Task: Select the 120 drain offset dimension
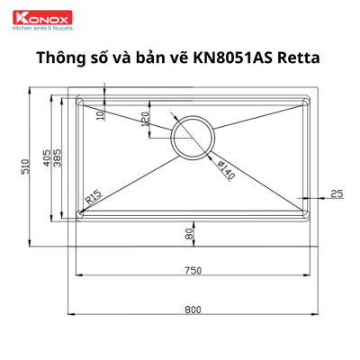pyautogui.click(x=145, y=119)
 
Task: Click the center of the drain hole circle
pyautogui.click(x=193, y=137)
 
